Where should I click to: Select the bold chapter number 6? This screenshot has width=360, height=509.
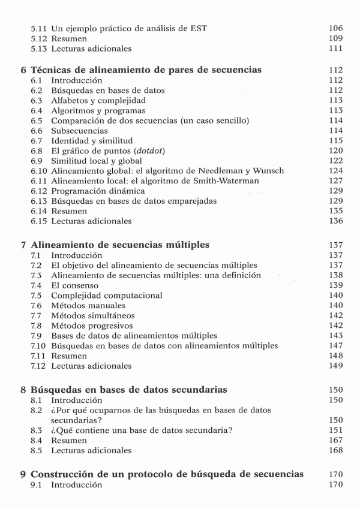point(23,70)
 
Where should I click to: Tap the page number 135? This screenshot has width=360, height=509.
point(335,211)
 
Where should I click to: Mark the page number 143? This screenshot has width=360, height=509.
point(335,336)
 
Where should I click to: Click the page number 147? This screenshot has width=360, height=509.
point(335,346)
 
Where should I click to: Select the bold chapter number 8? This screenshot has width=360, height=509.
point(23,390)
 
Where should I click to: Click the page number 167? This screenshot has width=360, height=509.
point(335,440)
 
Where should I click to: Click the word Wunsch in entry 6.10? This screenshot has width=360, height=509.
point(270,171)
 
